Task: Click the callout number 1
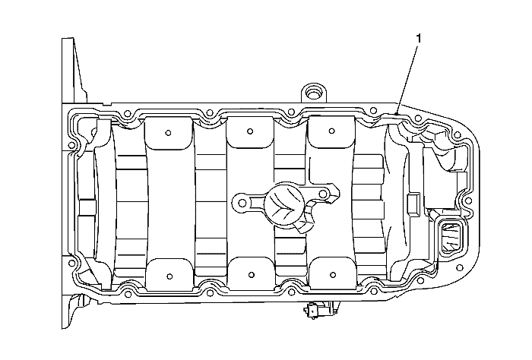coord(419,39)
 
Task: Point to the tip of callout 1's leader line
coord(397,115)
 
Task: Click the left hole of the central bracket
coord(242,203)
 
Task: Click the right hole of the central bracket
coord(323,194)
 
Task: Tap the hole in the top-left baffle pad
coord(168,133)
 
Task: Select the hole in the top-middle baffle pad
coord(250,131)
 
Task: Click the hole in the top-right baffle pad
coord(332,131)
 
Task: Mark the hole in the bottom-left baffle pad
coord(169,276)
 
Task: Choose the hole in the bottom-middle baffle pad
coord(251,275)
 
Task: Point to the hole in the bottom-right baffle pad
coord(333,275)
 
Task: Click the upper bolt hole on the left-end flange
coord(71,145)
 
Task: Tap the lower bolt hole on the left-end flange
coord(71,263)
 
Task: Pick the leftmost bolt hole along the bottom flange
coord(128,295)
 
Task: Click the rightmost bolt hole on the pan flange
coord(469,201)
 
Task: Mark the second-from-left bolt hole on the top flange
coord(210,112)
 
